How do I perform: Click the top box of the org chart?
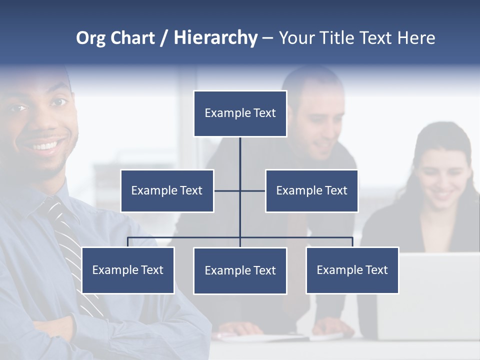(x=240, y=113)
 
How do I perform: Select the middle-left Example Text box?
(x=167, y=190)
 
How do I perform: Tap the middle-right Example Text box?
(x=311, y=190)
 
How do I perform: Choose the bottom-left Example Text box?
(x=128, y=270)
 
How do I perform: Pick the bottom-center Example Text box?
(x=240, y=270)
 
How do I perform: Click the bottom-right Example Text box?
(x=352, y=270)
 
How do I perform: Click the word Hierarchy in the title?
(x=215, y=38)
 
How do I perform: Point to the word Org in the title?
(x=90, y=38)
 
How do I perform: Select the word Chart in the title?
(x=132, y=38)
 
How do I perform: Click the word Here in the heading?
(x=416, y=38)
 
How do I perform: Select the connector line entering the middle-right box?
(x=253, y=190)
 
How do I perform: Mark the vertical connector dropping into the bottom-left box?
(x=128, y=242)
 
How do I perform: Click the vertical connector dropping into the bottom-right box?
(x=352, y=242)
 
